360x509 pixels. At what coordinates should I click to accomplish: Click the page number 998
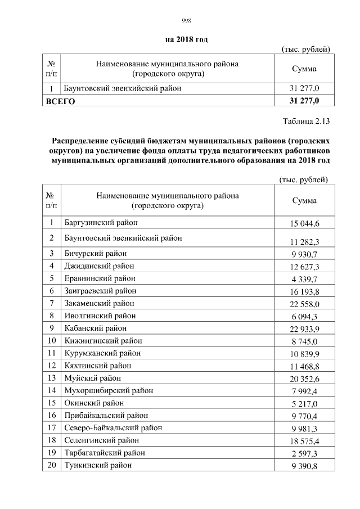click(x=187, y=21)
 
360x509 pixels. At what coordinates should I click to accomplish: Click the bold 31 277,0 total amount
click(x=304, y=101)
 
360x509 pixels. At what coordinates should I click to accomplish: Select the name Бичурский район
click(x=96, y=253)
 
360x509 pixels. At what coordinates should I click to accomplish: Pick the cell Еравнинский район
click(x=100, y=278)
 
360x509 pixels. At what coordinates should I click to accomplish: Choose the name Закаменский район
click(x=99, y=303)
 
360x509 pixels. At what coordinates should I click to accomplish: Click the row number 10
click(x=52, y=340)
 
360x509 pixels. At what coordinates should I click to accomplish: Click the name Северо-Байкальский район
click(x=112, y=427)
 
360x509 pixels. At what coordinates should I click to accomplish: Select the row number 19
click(x=52, y=452)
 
